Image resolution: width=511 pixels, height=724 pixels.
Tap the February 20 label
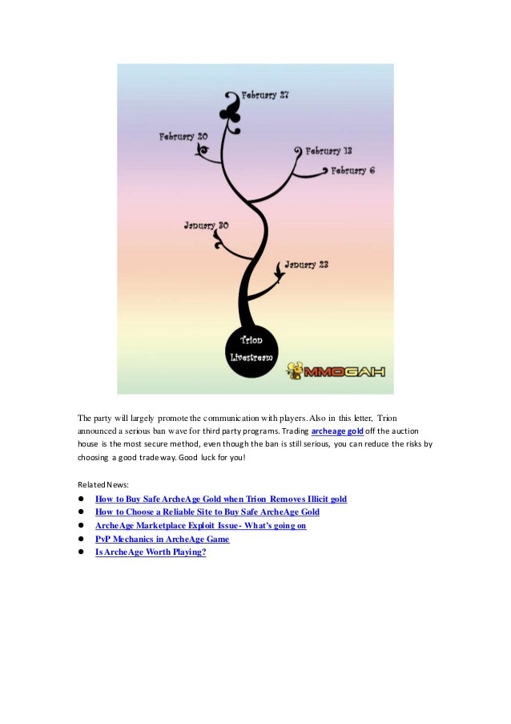pyautogui.click(x=183, y=137)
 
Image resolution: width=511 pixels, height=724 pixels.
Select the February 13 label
pyautogui.click(x=328, y=151)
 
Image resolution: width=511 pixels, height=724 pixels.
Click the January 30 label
pyautogui.click(x=206, y=225)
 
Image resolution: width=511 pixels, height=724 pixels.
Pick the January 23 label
pyautogui.click(x=306, y=264)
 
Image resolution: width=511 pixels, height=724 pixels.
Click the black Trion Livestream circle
pyautogui.click(x=252, y=349)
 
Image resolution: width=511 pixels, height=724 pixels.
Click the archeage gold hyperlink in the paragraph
pyautogui.click(x=337, y=431)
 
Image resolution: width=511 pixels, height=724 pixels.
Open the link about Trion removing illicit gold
pyautogui.click(x=220, y=499)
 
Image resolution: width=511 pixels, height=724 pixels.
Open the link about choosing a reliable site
pyautogui.click(x=207, y=512)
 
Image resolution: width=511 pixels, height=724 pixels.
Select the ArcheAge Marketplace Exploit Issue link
pyautogui.click(x=200, y=525)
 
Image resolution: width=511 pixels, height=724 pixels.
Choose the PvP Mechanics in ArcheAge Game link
pyautogui.click(x=162, y=539)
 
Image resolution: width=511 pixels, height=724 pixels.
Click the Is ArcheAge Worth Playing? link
pyautogui.click(x=150, y=552)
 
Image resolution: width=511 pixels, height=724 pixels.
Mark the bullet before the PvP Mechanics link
pyautogui.click(x=81, y=539)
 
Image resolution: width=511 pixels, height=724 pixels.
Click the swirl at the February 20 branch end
pyautogui.click(x=203, y=149)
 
